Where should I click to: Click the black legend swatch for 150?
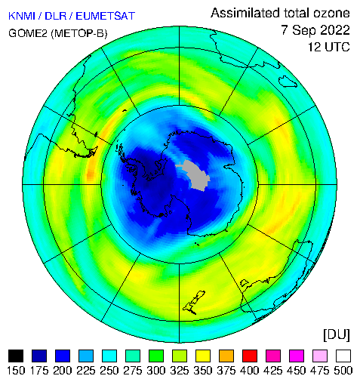pyautogui.click(x=16, y=356)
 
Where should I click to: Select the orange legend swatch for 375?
pyautogui.click(x=226, y=356)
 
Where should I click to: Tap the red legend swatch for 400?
pyautogui.click(x=250, y=356)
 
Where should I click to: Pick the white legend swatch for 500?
pyautogui.click(x=343, y=356)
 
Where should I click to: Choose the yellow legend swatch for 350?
pyautogui.click(x=203, y=356)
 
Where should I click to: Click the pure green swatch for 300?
pyautogui.click(x=156, y=356)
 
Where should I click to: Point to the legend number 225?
pyautogui.click(x=86, y=371)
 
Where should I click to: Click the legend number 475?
pyautogui.click(x=320, y=371)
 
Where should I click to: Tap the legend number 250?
pyautogui.click(x=109, y=371)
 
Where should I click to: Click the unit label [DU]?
pyautogui.click(x=337, y=335)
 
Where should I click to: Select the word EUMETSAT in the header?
pyautogui.click(x=105, y=16)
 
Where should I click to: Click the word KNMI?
pyautogui.click(x=21, y=16)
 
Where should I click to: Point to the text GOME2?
pyautogui.click(x=28, y=33)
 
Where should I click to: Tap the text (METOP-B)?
pyautogui.click(x=79, y=33)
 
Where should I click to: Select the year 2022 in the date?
pyautogui.click(x=335, y=30)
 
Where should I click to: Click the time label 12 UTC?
pyautogui.click(x=329, y=47)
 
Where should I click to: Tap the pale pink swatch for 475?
pyautogui.click(x=320, y=356)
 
